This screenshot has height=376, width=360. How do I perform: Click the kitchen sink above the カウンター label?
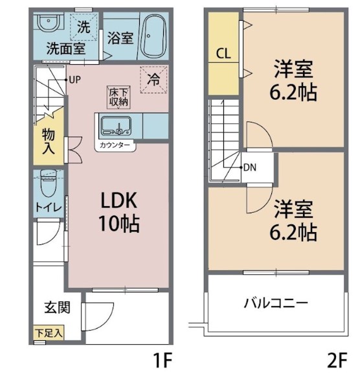tap(115, 125)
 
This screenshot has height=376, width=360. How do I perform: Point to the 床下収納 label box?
tap(118, 97)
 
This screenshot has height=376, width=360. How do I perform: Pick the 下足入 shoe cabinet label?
tap(49, 334)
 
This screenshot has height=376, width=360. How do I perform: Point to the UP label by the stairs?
tap(75, 80)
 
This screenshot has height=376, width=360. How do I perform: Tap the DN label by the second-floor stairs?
tap(250, 167)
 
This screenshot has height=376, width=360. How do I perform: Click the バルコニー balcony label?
tap(275, 302)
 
